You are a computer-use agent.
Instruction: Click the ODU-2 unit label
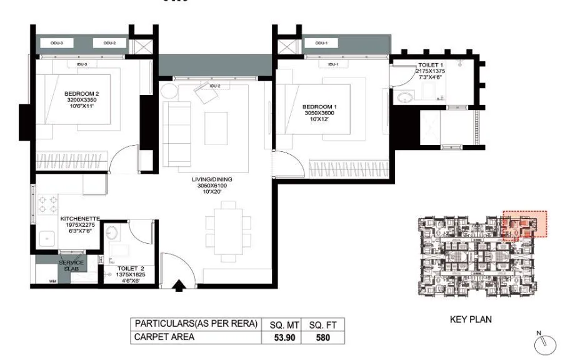pyautogui.click(x=110, y=42)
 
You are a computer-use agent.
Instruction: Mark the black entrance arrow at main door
pyautogui.click(x=179, y=286)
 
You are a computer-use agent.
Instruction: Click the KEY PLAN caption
pyautogui.click(x=471, y=319)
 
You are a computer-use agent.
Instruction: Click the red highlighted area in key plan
pyautogui.click(x=524, y=224)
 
